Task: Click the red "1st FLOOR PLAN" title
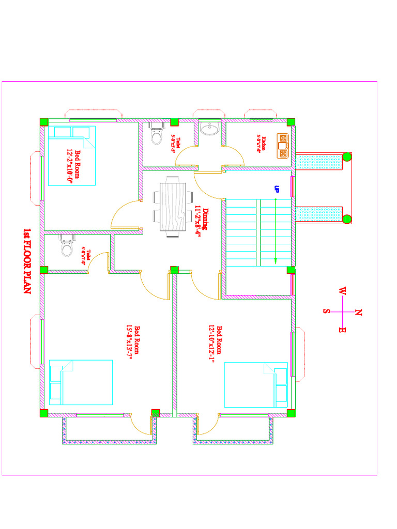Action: [26, 260]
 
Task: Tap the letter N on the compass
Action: [358, 312]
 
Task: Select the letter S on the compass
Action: [327, 311]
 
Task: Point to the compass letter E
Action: [342, 329]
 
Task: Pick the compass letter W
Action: [342, 292]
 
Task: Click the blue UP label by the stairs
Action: [277, 190]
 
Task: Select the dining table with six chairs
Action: [173, 207]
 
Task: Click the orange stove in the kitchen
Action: [283, 145]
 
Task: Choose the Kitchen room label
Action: [264, 143]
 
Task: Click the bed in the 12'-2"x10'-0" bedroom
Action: [72, 155]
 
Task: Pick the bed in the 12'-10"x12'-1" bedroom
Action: [256, 385]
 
